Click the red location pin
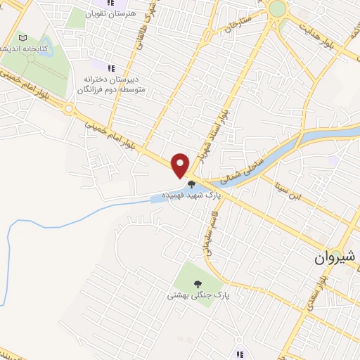181,164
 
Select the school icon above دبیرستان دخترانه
110,67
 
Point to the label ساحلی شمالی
243,167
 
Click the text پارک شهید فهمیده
187,194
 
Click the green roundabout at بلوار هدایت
278,8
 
